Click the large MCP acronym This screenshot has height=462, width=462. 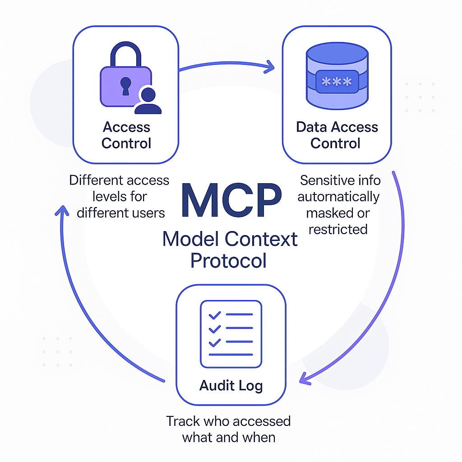tap(231, 200)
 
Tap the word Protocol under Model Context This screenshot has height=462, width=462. tap(228, 260)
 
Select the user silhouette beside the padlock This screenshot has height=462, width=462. tap(148, 101)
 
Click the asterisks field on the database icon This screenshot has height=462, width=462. tap(336, 82)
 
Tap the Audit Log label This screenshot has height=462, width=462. tap(231, 386)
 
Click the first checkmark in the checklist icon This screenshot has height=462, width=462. tap(215, 314)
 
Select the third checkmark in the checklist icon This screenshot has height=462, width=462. tap(215, 343)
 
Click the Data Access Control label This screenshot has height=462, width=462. tap(337, 135)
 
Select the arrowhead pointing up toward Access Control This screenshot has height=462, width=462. tap(61, 210)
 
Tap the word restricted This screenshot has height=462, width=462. tap(338, 229)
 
